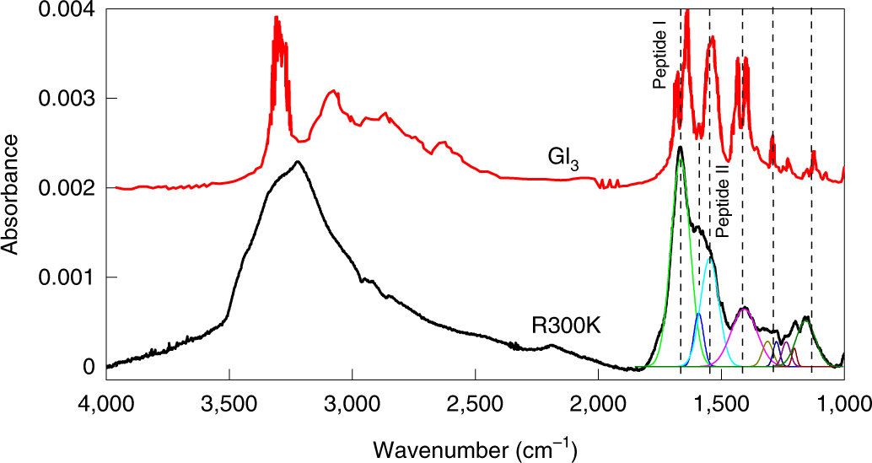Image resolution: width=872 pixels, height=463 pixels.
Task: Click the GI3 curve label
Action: pos(562,159)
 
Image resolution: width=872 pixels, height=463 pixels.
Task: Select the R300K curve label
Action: pos(565,325)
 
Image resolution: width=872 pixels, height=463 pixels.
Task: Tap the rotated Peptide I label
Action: pos(661,61)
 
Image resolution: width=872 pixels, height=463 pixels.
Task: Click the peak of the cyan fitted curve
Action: pos(710,258)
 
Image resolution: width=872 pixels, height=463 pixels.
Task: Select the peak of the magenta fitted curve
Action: pos(744,310)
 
